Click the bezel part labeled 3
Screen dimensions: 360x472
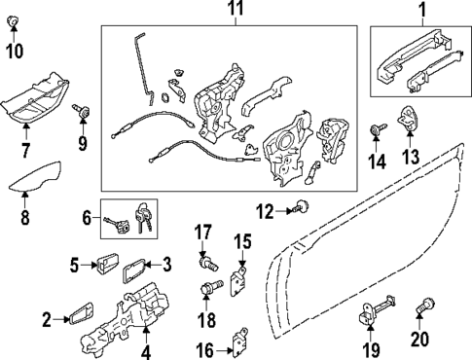[x=136, y=267]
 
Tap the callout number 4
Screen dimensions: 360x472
[x=146, y=351]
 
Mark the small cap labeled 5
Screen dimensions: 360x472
[x=105, y=263]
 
